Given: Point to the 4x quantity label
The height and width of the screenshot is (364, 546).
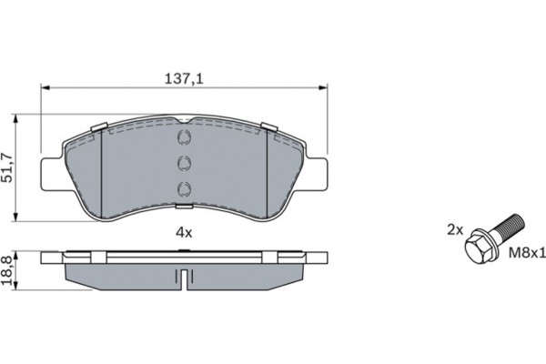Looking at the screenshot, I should click(x=184, y=233).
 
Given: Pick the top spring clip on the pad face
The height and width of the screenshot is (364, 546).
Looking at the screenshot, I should click(x=183, y=138).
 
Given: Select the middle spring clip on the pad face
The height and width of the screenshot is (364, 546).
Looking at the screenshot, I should click(x=183, y=163).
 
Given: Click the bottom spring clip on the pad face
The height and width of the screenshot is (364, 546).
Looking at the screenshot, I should click(x=183, y=188).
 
